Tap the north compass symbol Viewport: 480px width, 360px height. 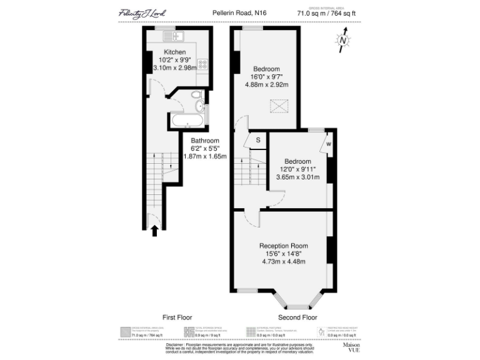pyautogui.click(x=343, y=41)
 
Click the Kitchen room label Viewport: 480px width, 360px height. pyautogui.click(x=174, y=52)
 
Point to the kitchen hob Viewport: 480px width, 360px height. pyautogui.click(x=202, y=62)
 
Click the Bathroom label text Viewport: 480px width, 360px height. pyautogui.click(x=205, y=141)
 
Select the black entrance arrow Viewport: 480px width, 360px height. pyautogui.click(x=155, y=230)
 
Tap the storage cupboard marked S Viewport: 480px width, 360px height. pyautogui.click(x=257, y=140)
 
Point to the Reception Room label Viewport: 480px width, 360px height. pyautogui.click(x=284, y=246)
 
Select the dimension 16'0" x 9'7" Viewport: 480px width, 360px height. pyautogui.click(x=266, y=77)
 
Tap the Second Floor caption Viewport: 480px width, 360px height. pyautogui.click(x=297, y=317)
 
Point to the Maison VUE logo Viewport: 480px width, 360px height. pyautogui.click(x=351, y=347)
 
